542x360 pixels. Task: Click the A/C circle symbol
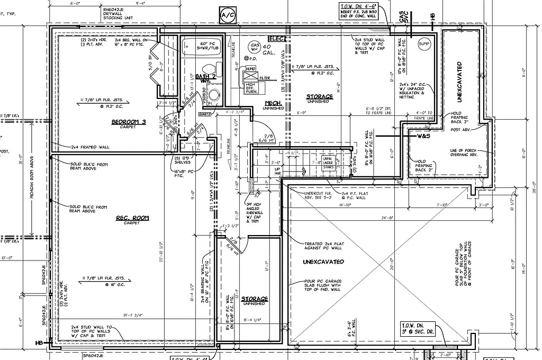[229, 14]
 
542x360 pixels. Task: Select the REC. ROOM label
[133, 218]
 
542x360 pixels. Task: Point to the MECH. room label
[273, 103]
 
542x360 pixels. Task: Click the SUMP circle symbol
[424, 43]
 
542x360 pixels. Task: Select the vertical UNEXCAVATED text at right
[459, 82]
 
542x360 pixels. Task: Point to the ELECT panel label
[277, 39]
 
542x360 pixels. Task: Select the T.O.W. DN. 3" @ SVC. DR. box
[418, 328]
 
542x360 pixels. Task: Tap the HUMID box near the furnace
[250, 69]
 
